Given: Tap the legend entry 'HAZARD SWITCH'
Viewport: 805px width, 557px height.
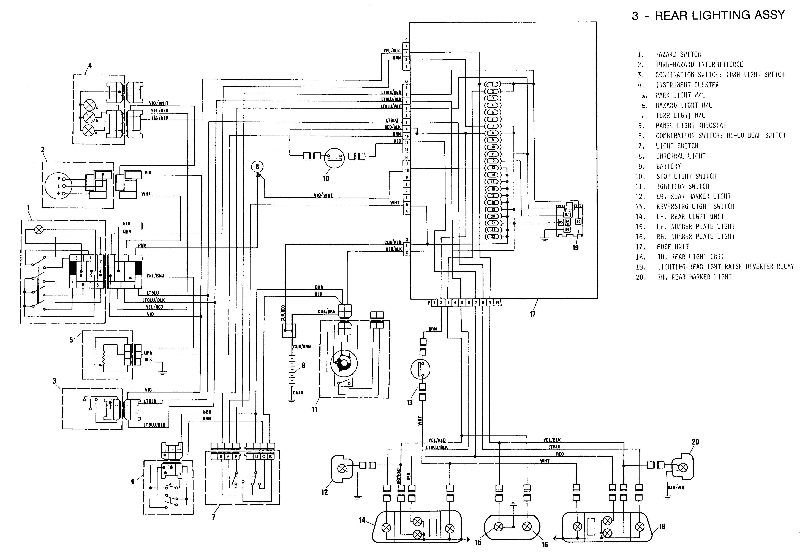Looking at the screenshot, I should pyautogui.click(x=678, y=54).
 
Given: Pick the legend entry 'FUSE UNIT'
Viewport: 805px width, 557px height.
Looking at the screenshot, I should pyautogui.click(x=673, y=247).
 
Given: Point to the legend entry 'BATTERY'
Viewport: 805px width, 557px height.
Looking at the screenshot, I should pyautogui.click(x=668, y=166).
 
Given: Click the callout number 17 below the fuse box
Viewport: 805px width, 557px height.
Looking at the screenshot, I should pyautogui.click(x=532, y=314).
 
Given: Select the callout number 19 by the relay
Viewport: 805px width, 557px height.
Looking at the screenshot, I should pyautogui.click(x=575, y=247).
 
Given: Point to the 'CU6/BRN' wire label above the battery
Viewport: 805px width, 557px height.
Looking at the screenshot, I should pyautogui.click(x=302, y=347).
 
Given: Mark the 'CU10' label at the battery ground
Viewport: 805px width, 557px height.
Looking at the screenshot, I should pyautogui.click(x=298, y=393).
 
